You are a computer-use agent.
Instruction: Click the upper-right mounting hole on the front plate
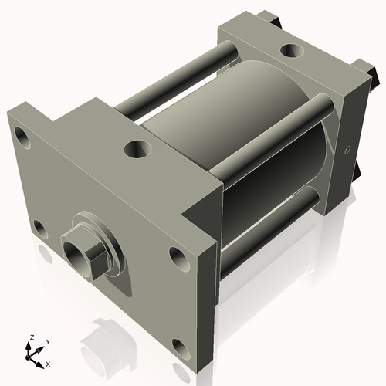(176, 256)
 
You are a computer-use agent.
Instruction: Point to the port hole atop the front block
(137, 147)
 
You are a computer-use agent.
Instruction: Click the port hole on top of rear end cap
(292, 52)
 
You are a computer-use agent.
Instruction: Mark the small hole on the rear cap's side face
(347, 148)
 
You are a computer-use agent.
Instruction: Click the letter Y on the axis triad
(47, 341)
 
